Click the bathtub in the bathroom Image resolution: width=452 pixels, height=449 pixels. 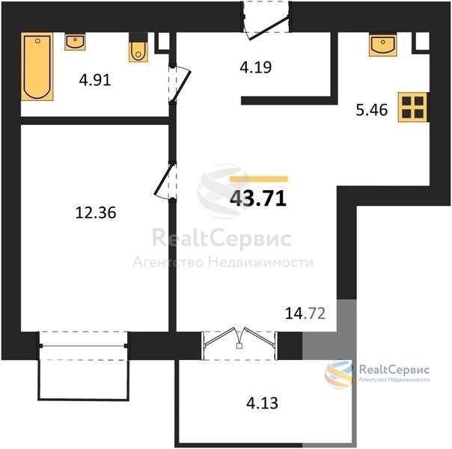(x=37, y=67)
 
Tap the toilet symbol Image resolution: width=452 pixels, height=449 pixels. (x=138, y=52)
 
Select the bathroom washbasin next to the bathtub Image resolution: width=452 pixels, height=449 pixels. (x=75, y=42)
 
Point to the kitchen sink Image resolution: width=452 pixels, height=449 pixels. (x=383, y=45)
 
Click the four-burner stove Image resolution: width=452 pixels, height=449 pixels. (x=412, y=107)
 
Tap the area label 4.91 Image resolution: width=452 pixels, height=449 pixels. (x=95, y=80)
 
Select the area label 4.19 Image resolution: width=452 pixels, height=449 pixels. (x=256, y=67)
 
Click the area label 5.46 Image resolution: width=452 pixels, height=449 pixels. (x=372, y=110)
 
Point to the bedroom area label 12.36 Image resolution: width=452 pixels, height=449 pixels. (x=96, y=213)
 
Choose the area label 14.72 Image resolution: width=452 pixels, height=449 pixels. (x=305, y=314)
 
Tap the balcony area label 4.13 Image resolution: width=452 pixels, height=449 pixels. (x=263, y=403)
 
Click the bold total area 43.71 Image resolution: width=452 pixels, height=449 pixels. (x=258, y=198)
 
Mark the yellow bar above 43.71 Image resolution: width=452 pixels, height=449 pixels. (x=259, y=180)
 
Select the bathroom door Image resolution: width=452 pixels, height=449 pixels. (x=179, y=84)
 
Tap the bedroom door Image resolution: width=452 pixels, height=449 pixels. (x=166, y=181)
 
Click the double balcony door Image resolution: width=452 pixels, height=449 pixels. (x=239, y=345)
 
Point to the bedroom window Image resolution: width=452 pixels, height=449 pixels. (x=84, y=346)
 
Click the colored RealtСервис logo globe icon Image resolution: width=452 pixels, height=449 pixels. (x=338, y=374)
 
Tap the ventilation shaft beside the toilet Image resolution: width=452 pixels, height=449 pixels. (x=163, y=43)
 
